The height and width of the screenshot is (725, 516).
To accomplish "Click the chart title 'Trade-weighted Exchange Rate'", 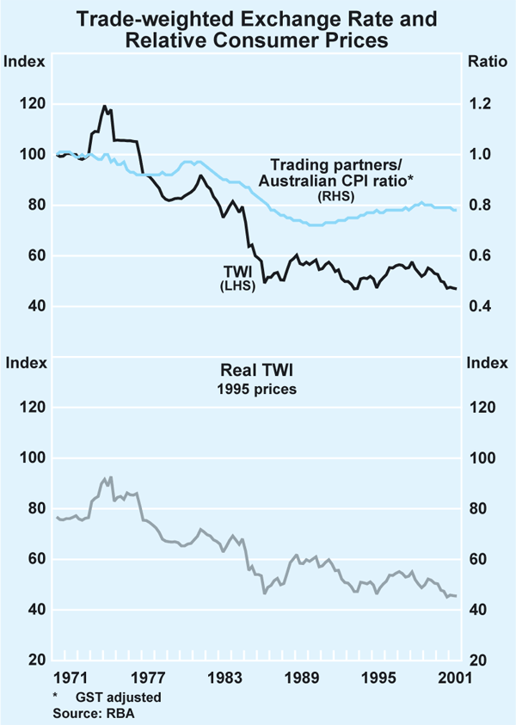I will (257, 16).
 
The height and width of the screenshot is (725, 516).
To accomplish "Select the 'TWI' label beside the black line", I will (230, 273).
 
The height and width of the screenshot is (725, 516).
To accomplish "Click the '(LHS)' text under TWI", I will (230, 286).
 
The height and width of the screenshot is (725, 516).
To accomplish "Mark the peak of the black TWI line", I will (104, 107).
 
